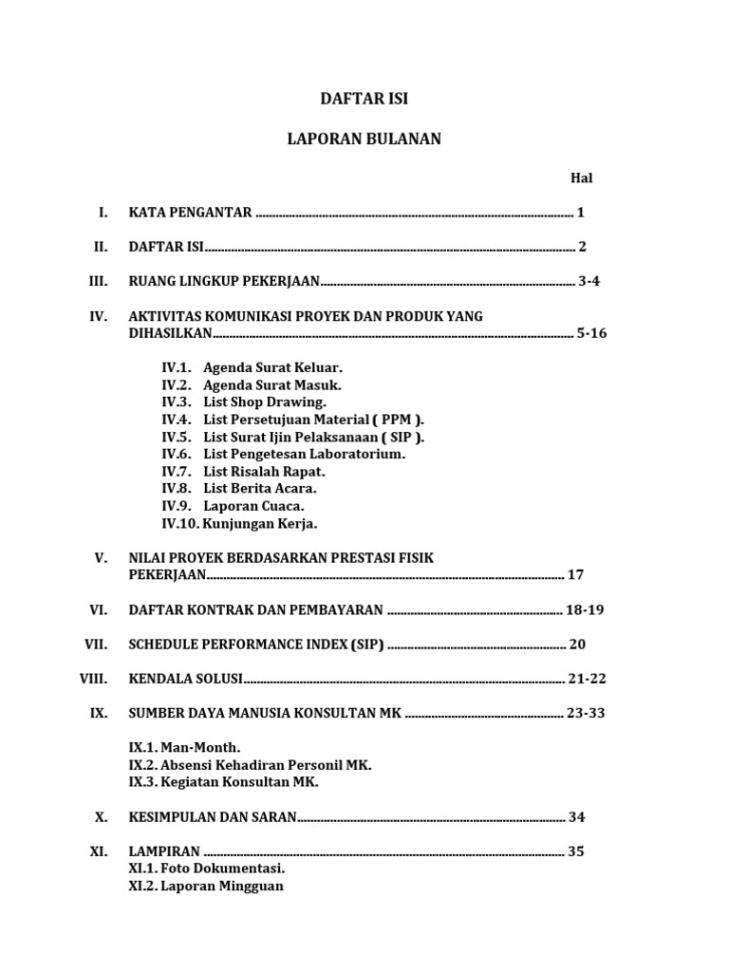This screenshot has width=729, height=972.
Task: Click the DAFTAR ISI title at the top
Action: click(364, 99)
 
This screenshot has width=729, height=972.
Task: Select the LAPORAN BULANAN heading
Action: click(364, 140)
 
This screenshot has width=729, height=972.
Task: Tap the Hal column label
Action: click(581, 178)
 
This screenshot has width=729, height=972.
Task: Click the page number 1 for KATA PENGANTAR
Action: click(580, 213)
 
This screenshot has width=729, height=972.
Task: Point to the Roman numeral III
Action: click(98, 281)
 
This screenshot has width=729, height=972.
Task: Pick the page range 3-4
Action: click(589, 281)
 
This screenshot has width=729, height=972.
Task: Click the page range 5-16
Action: click(591, 333)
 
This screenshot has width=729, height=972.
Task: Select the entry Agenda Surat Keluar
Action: click(272, 367)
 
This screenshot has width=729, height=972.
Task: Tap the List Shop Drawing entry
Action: click(265, 402)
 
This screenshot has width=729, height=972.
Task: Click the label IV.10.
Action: click(180, 523)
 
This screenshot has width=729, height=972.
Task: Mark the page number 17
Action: click(575, 574)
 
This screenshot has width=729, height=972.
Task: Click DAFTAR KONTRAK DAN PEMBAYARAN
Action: click(255, 609)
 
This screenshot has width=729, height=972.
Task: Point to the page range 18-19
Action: click(585, 609)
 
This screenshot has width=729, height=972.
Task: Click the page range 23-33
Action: click(585, 713)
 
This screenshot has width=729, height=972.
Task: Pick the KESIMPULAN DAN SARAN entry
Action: click(213, 816)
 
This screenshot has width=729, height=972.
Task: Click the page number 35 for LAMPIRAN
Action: click(575, 851)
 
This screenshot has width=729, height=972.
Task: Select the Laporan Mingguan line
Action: click(221, 887)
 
